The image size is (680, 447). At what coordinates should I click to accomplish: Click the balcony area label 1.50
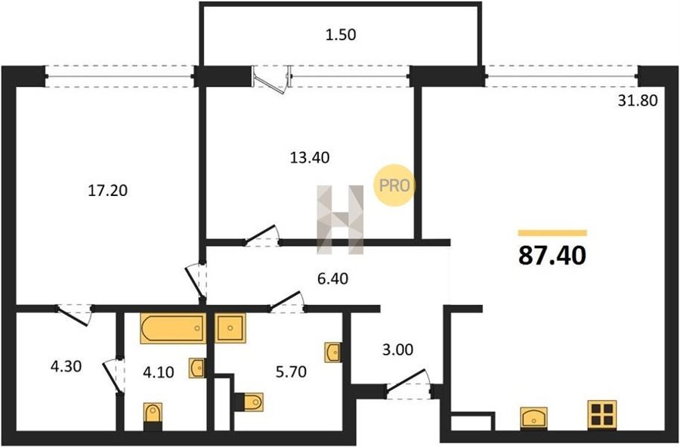pos(341,34)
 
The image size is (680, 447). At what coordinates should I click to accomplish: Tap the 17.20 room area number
pos(107,190)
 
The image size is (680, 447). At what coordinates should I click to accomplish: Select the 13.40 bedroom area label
pos(310,157)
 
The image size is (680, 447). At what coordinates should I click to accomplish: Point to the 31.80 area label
pos(638,101)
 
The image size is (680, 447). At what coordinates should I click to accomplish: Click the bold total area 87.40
pos(552,255)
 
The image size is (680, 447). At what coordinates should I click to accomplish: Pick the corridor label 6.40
pos(332,278)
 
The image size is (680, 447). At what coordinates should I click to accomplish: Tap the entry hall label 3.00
pos(397,349)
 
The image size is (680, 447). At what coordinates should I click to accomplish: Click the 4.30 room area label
pos(66,366)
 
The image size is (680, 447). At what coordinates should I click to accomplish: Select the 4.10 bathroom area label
pos(159,372)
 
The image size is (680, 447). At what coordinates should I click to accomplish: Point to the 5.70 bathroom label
pos(291,371)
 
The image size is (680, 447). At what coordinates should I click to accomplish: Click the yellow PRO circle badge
pos(394,185)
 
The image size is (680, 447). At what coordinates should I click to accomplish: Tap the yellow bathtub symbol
pos(172,328)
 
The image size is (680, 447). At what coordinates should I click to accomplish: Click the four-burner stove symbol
pos(602,415)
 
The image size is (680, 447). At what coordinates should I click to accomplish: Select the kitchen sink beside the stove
pos(534,419)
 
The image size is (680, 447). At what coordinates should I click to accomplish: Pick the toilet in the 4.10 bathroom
pos(153,416)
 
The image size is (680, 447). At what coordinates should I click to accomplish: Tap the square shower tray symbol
pos(230,327)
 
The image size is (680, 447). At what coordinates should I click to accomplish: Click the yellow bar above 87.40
pos(552,233)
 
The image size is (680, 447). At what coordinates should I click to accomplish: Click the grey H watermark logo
pos(341,219)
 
